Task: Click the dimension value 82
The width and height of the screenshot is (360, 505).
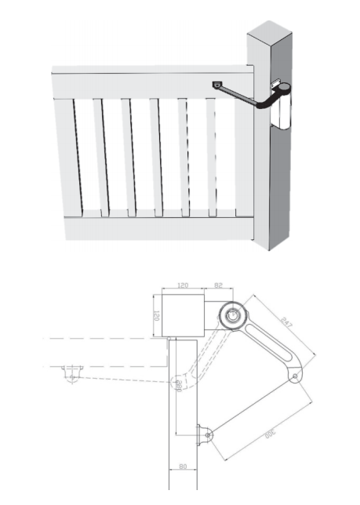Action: click(x=219, y=287)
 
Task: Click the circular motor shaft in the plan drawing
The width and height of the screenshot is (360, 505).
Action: click(x=234, y=315)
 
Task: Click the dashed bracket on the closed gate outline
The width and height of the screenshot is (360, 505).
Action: click(x=73, y=373)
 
